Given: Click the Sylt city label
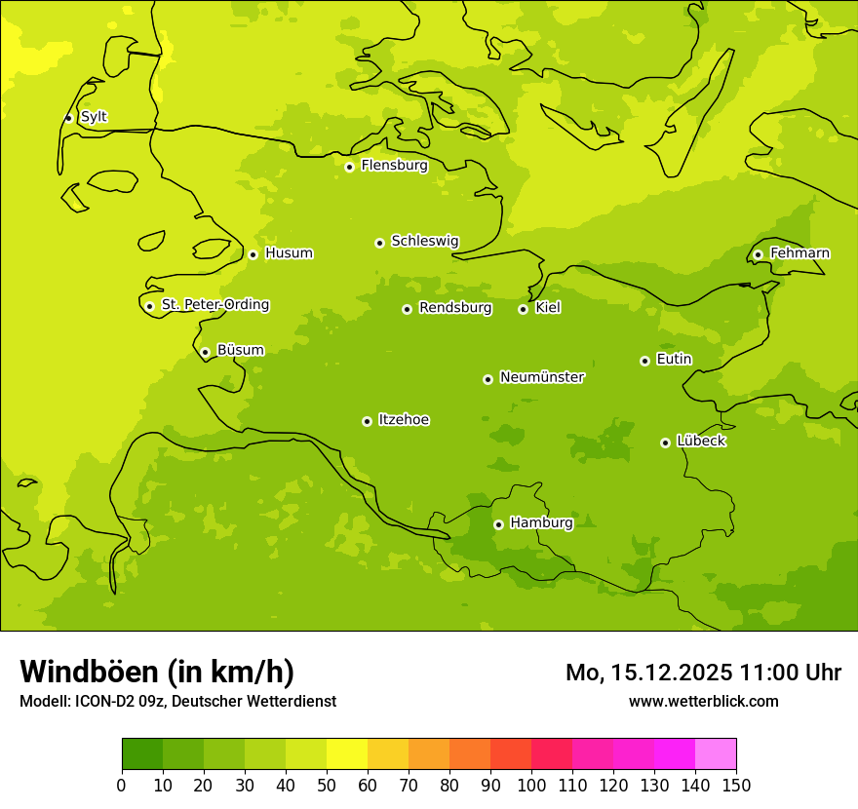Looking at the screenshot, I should [x=94, y=117].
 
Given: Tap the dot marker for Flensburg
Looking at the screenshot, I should [x=349, y=167].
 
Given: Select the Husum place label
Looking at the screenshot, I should [x=289, y=253].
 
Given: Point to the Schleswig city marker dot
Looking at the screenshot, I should [x=379, y=243].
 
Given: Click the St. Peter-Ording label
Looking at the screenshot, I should [x=214, y=305].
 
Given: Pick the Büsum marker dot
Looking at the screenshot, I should [x=205, y=352].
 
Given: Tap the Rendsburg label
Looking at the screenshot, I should [x=454, y=308].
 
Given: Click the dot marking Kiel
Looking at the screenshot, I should [x=523, y=309].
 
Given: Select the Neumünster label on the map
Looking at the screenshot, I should [x=541, y=377].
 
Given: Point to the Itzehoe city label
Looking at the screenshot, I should [x=404, y=420].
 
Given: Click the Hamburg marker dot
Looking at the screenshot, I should [x=498, y=524].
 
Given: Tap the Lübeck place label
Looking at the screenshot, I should [x=700, y=441].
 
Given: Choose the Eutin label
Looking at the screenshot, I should [x=674, y=360].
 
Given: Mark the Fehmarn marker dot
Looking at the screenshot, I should [x=758, y=254].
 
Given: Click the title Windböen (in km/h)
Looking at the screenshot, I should [x=157, y=672].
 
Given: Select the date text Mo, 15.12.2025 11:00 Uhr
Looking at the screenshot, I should [x=703, y=673].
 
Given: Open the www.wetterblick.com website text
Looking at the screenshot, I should [x=703, y=701].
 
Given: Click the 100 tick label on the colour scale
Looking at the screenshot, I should [x=531, y=785].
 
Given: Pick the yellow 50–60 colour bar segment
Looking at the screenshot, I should [x=347, y=754].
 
